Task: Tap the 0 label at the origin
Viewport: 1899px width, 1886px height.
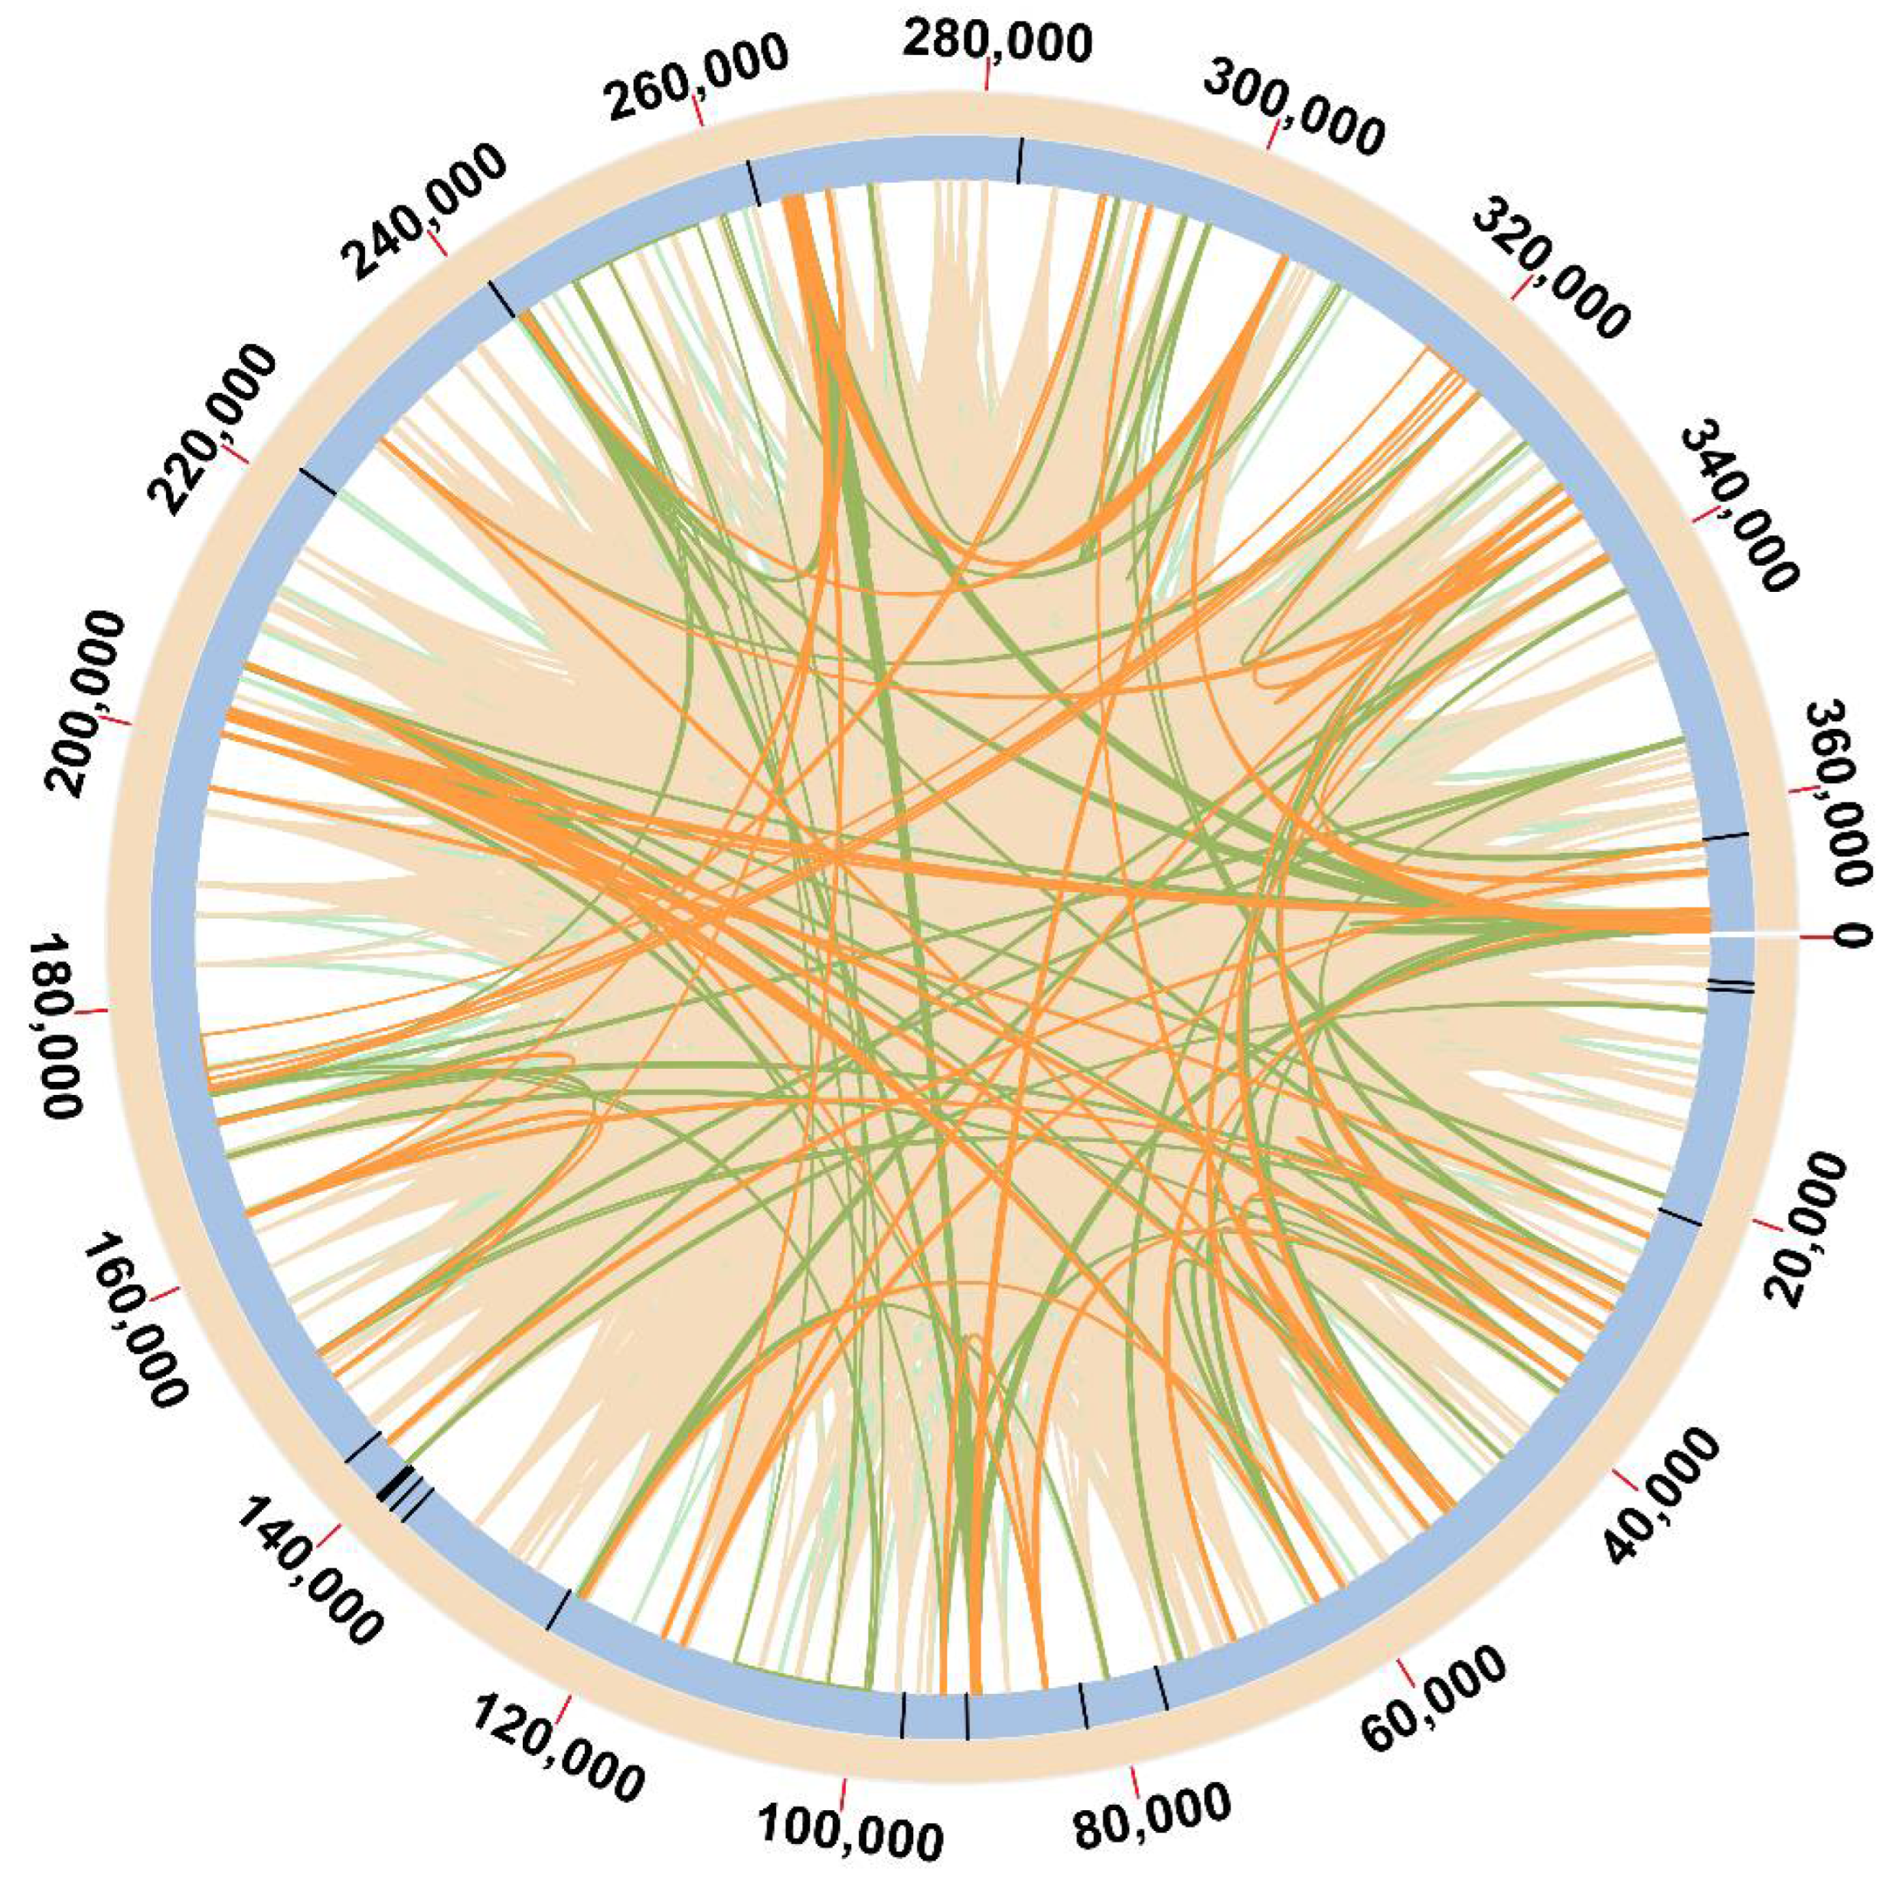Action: pos(1851,936)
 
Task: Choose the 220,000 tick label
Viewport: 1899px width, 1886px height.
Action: pos(210,430)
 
